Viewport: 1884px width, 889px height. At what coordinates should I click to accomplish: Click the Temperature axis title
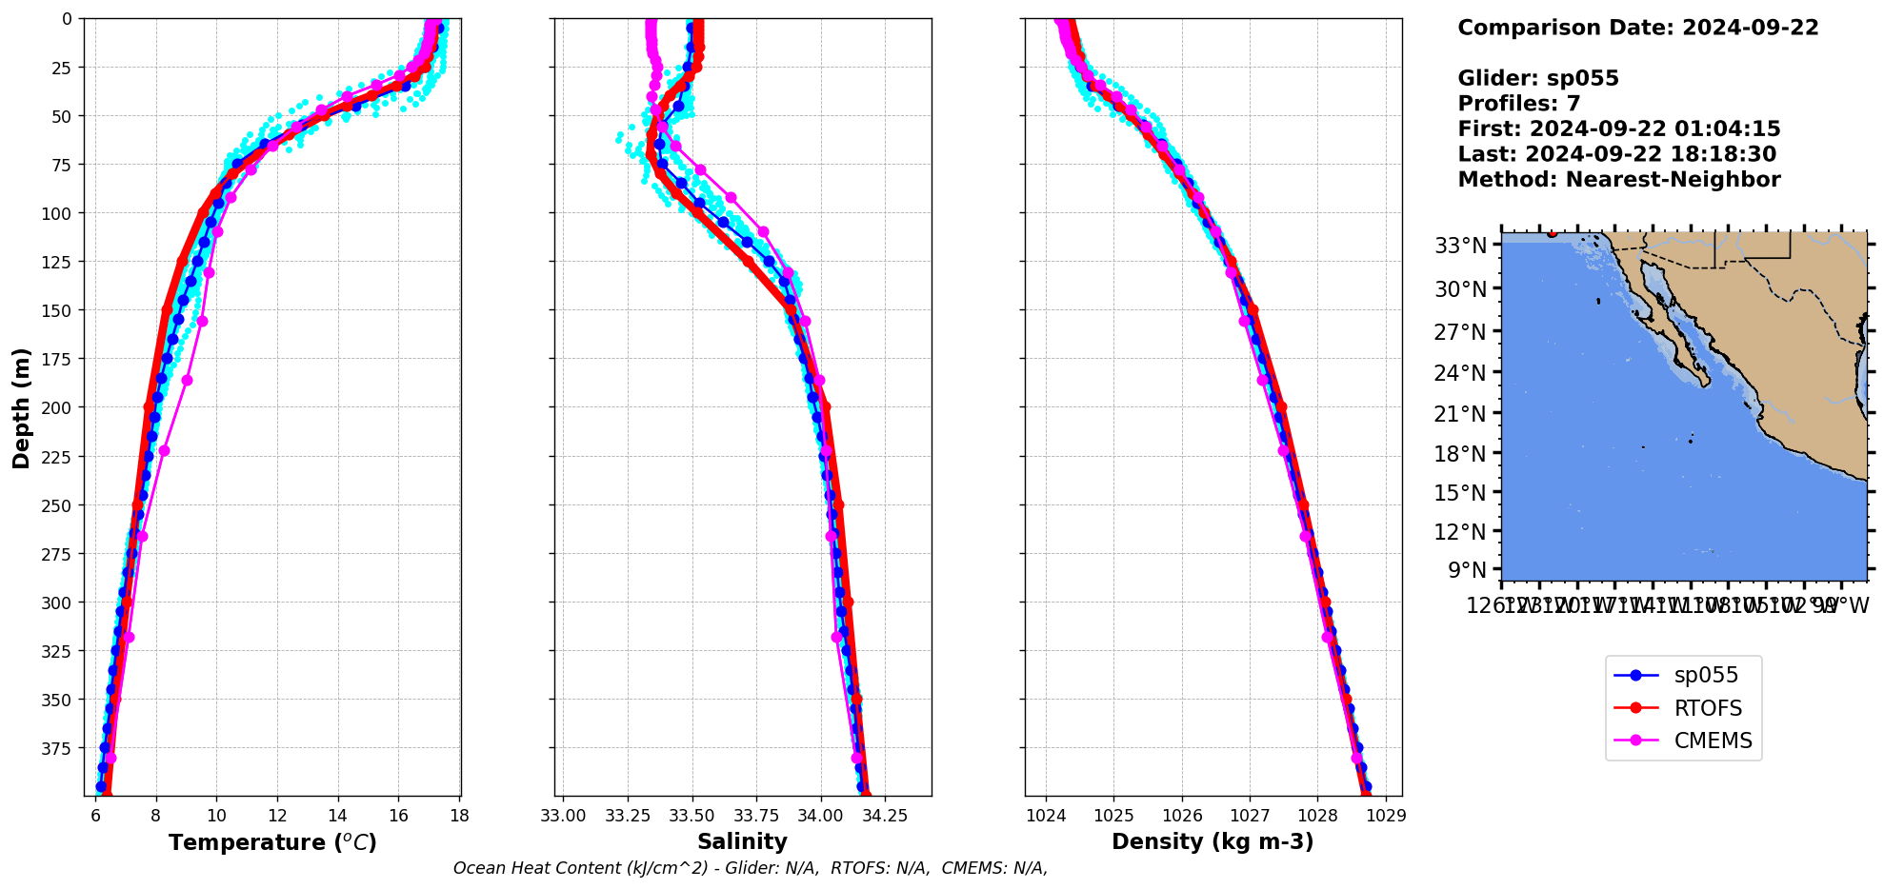[272, 842]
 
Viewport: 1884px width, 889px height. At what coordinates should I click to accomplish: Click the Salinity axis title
[742, 841]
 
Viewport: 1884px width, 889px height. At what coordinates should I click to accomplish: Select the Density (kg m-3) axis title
[1213, 841]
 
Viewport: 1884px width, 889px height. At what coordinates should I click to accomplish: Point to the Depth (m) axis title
[21, 407]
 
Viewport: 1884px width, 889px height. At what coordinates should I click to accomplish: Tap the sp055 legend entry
[1705, 676]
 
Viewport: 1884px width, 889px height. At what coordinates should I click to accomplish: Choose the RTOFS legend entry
[1707, 708]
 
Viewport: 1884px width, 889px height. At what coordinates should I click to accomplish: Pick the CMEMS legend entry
[1712, 741]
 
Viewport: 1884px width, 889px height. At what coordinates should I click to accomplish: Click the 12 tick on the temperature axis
[277, 816]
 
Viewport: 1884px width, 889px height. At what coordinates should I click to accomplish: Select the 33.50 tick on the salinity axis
[691, 816]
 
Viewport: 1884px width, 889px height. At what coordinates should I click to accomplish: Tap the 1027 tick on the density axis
[1250, 816]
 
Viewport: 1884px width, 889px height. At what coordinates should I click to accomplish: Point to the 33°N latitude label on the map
[1460, 247]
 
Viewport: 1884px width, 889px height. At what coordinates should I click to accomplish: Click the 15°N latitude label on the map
[1460, 493]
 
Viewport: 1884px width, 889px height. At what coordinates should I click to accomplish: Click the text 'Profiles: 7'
[1518, 104]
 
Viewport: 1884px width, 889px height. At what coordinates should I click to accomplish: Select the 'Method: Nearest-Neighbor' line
[1618, 180]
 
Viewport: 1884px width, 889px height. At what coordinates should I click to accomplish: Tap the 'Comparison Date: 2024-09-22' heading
[1637, 28]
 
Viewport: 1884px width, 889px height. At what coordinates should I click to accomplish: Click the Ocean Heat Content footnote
[750, 868]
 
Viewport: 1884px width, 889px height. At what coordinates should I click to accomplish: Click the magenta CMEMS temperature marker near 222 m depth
[164, 450]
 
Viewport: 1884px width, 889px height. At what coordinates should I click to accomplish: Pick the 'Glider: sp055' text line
[1537, 79]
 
